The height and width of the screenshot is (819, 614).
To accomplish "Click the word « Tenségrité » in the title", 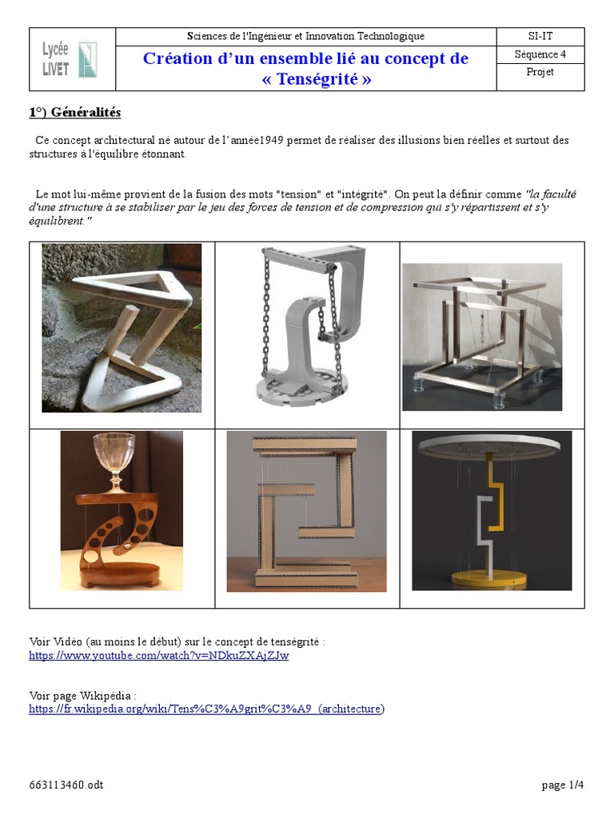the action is [317, 79].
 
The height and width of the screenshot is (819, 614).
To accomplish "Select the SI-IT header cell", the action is [540, 37].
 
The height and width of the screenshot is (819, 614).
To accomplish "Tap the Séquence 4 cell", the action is [540, 55].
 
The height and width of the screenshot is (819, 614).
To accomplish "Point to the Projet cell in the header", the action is [540, 73].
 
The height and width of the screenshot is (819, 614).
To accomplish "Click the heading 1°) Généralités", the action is [75, 113].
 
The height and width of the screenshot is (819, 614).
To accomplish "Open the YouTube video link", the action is [159, 656].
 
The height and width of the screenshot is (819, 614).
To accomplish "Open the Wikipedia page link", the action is [207, 709].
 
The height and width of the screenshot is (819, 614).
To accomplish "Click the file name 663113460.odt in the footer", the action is [66, 785].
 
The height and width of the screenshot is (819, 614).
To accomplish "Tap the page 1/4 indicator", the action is [562, 785].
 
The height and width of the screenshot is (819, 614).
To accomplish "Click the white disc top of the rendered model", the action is [491, 445].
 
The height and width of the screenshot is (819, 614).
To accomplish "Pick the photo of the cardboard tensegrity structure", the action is [306, 511].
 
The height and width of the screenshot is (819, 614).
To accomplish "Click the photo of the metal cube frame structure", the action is [482, 338].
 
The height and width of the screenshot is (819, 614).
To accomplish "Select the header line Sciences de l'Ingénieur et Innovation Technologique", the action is [305, 37].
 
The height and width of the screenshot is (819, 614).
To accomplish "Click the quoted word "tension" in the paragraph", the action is [299, 194].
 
